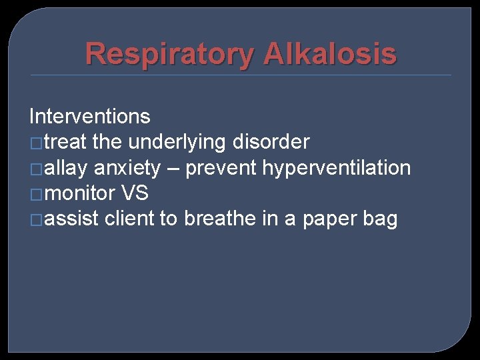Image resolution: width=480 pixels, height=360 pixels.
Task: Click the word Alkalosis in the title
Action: [x=329, y=54]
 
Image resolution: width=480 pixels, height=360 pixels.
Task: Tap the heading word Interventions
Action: [x=90, y=117]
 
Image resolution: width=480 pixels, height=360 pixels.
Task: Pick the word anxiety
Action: [x=127, y=168]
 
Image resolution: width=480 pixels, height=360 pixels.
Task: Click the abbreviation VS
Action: [x=135, y=194]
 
